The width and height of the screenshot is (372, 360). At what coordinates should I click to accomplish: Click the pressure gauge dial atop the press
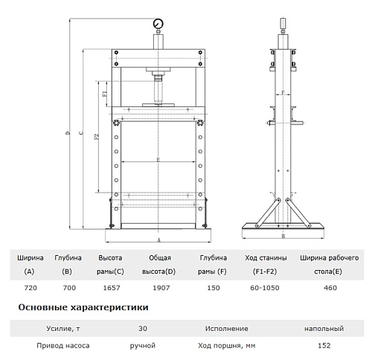(158, 24)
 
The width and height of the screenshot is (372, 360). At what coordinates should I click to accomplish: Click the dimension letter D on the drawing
(68, 133)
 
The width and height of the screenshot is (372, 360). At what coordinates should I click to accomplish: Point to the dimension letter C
(81, 133)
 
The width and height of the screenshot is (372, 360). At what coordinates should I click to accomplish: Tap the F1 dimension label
(105, 94)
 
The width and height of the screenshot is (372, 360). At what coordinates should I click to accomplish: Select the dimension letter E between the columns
(158, 160)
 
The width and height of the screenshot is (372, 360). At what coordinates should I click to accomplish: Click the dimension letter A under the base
(159, 240)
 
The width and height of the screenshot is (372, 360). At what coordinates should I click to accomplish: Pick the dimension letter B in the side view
(283, 236)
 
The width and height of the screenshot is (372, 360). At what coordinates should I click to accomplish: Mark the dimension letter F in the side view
(283, 93)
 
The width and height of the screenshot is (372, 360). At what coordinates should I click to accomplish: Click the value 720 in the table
(31, 288)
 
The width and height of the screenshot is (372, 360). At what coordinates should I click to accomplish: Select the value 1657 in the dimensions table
(112, 288)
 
